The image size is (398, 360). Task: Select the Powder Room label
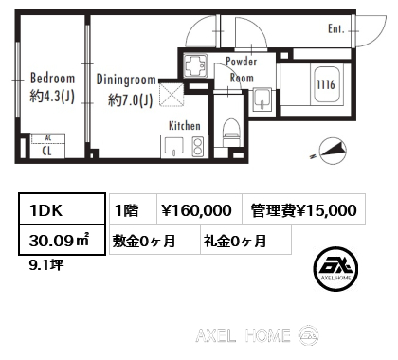[x=241, y=70]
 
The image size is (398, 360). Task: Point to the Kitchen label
[x=183, y=125]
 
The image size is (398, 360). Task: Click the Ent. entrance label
[x=336, y=29]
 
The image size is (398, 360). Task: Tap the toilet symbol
[x=231, y=132]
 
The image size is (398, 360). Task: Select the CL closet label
[x=45, y=149]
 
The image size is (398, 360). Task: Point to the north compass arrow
[x=333, y=148]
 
